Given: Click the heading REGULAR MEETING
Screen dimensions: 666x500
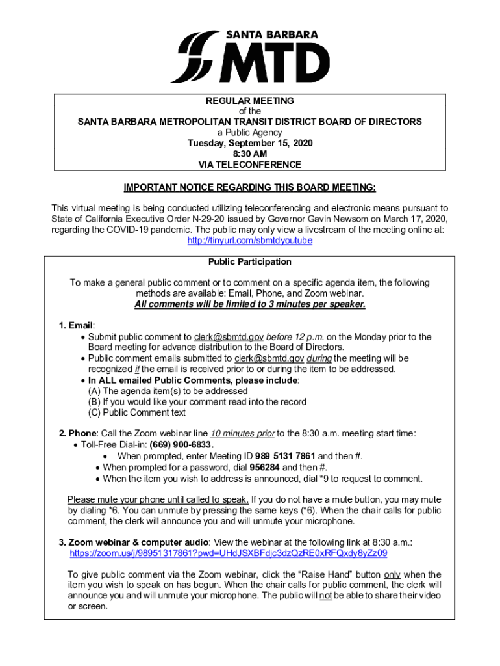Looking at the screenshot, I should point(250,101).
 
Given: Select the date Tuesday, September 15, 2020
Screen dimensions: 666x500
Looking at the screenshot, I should point(250,143).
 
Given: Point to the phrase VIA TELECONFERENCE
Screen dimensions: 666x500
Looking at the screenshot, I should point(250,165).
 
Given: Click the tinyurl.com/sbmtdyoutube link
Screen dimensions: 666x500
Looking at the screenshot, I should point(250,240).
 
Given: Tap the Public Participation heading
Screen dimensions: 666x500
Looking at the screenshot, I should point(250,261).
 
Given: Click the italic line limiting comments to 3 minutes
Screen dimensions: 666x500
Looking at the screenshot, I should point(250,304).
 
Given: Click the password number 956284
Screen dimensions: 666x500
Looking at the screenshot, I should point(265,467).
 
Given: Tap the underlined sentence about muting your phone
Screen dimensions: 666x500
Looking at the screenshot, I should point(158,499).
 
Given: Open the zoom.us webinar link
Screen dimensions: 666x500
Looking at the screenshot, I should point(229,553).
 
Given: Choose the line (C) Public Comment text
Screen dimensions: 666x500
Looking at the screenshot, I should point(137,412).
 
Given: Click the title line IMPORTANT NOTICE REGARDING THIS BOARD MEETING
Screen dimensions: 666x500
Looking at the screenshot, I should point(250,187).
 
